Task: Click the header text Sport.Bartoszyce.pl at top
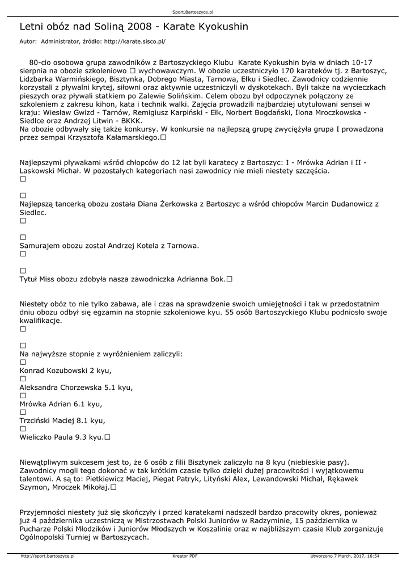pos(193,12)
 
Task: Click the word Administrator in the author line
pos(60,41)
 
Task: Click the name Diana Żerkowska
pos(168,204)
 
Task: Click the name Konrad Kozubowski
pos(54,371)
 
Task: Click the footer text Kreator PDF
pos(185,556)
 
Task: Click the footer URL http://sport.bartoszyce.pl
pos(48,556)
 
